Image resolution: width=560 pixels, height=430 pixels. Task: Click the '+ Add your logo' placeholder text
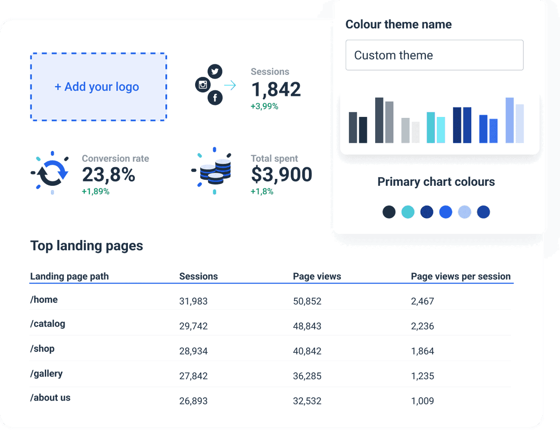(x=97, y=87)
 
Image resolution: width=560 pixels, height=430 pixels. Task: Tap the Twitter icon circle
(x=215, y=72)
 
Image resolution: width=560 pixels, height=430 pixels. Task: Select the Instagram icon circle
(x=203, y=85)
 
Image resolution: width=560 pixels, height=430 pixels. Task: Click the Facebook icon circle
(x=215, y=98)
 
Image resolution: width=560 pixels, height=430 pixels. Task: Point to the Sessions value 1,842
(x=276, y=89)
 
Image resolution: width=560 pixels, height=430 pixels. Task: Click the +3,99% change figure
(x=264, y=107)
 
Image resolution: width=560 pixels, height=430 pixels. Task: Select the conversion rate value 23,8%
(x=109, y=175)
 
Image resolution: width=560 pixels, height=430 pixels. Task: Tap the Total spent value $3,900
(x=281, y=175)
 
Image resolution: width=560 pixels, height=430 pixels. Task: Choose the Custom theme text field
(x=434, y=55)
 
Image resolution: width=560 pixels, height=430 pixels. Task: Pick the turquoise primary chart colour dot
(x=408, y=212)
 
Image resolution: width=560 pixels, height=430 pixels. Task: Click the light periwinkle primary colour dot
(x=464, y=212)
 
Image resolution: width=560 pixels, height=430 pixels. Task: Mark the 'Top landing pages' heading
(x=87, y=246)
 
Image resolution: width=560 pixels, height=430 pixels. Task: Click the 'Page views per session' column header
(x=461, y=276)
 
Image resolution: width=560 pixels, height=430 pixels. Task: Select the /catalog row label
(x=48, y=324)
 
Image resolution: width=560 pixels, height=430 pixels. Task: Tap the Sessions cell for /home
(x=193, y=301)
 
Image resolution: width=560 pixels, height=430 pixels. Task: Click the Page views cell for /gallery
(x=307, y=376)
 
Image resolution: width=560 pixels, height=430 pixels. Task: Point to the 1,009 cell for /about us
(x=422, y=401)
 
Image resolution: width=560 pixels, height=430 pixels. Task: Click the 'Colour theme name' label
(x=399, y=25)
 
